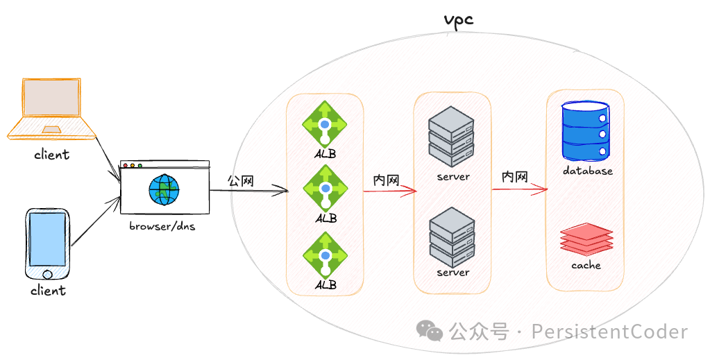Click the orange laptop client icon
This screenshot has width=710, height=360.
50,109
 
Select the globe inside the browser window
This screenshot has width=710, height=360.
164,189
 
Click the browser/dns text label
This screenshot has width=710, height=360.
162,227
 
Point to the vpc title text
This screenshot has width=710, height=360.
458,20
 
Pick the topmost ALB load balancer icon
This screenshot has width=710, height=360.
325,124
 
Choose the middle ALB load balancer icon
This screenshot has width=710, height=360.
325,188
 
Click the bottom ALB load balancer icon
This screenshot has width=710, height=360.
325,255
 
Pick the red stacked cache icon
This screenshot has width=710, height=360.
586,238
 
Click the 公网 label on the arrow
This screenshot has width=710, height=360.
241,181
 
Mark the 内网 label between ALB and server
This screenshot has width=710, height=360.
386,180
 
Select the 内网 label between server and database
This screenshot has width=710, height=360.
515,177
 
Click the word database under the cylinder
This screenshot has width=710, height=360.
587,171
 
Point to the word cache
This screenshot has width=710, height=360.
586,265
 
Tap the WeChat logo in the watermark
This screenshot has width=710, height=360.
429,332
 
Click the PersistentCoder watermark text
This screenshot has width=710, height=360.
609,332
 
